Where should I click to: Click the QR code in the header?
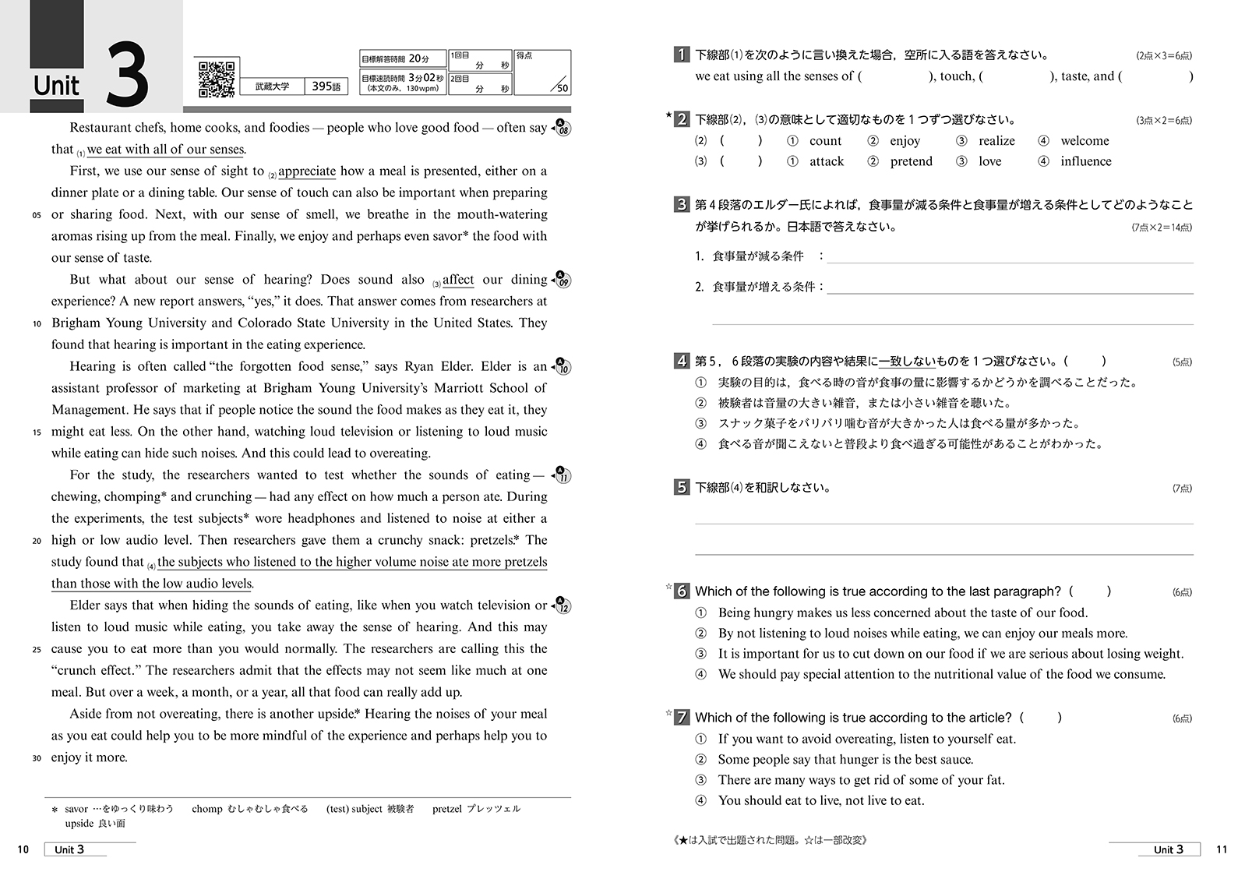pos(217,79)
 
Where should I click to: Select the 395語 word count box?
pos(326,86)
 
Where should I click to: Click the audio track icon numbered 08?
pos(561,128)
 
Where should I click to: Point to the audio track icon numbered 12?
pos(561,605)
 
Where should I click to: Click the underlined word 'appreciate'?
pos(307,171)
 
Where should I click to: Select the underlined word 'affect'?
pos(458,280)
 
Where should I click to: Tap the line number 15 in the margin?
pos(37,432)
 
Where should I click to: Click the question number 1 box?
pos(681,55)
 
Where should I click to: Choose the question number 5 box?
pos(681,488)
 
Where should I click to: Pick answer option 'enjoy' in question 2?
pos(905,141)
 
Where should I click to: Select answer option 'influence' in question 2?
pos(1085,161)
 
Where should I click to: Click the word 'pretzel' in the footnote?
pos(447,809)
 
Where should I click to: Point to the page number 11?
pos(1221,849)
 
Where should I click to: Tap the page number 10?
pos(23,849)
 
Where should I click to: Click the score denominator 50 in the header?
pos(562,89)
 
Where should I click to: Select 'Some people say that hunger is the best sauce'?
pos(845,759)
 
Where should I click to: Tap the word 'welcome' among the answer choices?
pos(1085,141)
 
